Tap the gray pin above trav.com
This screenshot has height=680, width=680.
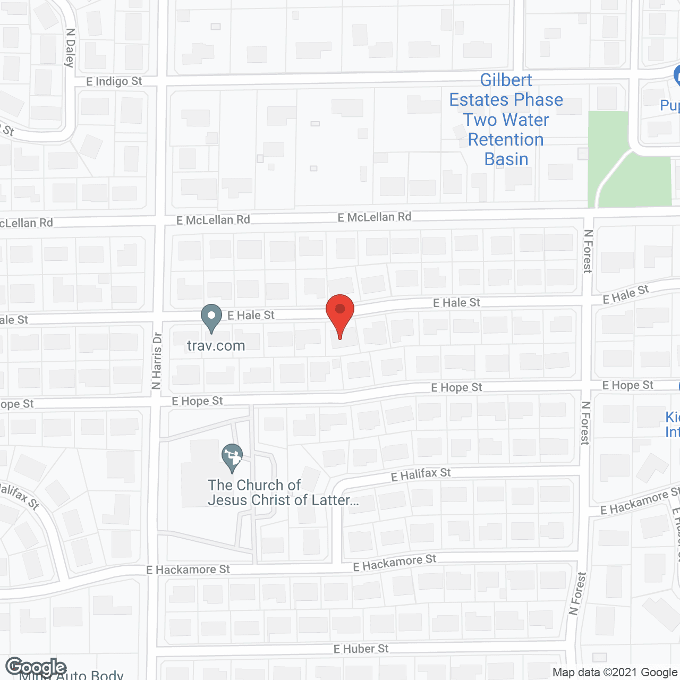click(x=211, y=317)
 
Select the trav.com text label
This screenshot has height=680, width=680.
click(x=216, y=346)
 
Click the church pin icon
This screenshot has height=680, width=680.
click(x=232, y=456)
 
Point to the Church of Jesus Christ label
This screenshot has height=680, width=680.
click(x=283, y=493)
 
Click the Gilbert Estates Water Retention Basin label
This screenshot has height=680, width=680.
click(x=506, y=120)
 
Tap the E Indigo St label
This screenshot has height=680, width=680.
click(x=114, y=81)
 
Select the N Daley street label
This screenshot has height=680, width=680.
click(x=70, y=48)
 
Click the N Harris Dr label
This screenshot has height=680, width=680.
click(x=156, y=361)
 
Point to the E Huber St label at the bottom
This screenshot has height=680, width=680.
click(x=361, y=649)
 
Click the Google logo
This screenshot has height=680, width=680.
click(x=36, y=667)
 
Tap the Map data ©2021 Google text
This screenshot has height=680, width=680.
click(x=615, y=672)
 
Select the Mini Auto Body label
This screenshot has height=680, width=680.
click(x=72, y=675)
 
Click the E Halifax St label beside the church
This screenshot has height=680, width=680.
click(x=421, y=474)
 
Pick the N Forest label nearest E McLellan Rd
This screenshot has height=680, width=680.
click(x=588, y=251)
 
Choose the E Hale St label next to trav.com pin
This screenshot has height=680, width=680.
click(x=251, y=315)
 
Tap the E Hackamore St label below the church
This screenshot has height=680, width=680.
click(x=188, y=569)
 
